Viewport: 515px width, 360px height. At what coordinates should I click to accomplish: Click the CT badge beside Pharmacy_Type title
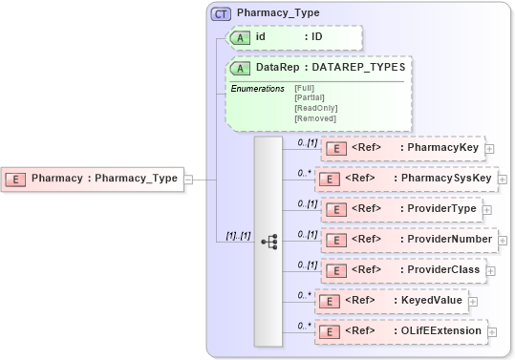222,13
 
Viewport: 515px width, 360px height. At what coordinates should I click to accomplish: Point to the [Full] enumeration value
304,88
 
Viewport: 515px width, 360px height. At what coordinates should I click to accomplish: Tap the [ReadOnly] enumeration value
315,108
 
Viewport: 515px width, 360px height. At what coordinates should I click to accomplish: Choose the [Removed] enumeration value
314,118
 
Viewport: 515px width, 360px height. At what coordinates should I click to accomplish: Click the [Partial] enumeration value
310,97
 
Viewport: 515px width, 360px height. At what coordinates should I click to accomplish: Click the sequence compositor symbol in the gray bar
268,242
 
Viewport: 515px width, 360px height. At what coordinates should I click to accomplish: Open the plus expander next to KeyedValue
473,301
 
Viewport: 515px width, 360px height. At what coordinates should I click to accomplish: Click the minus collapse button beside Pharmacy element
188,178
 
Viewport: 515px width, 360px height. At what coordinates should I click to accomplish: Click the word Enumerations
257,88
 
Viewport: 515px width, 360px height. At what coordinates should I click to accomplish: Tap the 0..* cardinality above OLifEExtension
305,324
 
